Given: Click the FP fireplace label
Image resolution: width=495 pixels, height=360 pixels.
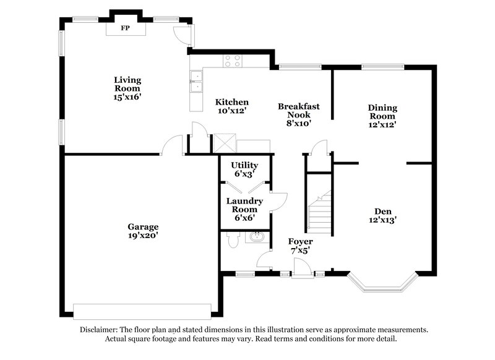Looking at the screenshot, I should (125, 28).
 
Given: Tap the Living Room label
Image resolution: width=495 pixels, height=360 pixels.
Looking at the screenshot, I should (127, 88).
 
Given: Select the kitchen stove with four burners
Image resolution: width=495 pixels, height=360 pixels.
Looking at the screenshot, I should (233, 61).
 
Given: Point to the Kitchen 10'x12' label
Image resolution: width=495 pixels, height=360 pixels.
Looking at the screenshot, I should (231, 106).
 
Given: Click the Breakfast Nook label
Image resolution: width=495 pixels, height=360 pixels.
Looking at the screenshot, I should (299, 114).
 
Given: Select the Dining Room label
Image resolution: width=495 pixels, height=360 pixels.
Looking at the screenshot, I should (383, 116).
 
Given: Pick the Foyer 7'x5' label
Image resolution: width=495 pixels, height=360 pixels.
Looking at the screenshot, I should (300, 245).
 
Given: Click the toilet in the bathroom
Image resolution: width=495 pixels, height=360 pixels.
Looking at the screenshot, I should (233, 241).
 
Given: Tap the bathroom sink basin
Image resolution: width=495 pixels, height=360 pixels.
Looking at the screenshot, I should (257, 237).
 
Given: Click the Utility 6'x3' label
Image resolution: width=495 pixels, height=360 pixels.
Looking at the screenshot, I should (244, 169).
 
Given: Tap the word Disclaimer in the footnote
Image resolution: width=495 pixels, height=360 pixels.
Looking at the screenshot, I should (101, 330).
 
